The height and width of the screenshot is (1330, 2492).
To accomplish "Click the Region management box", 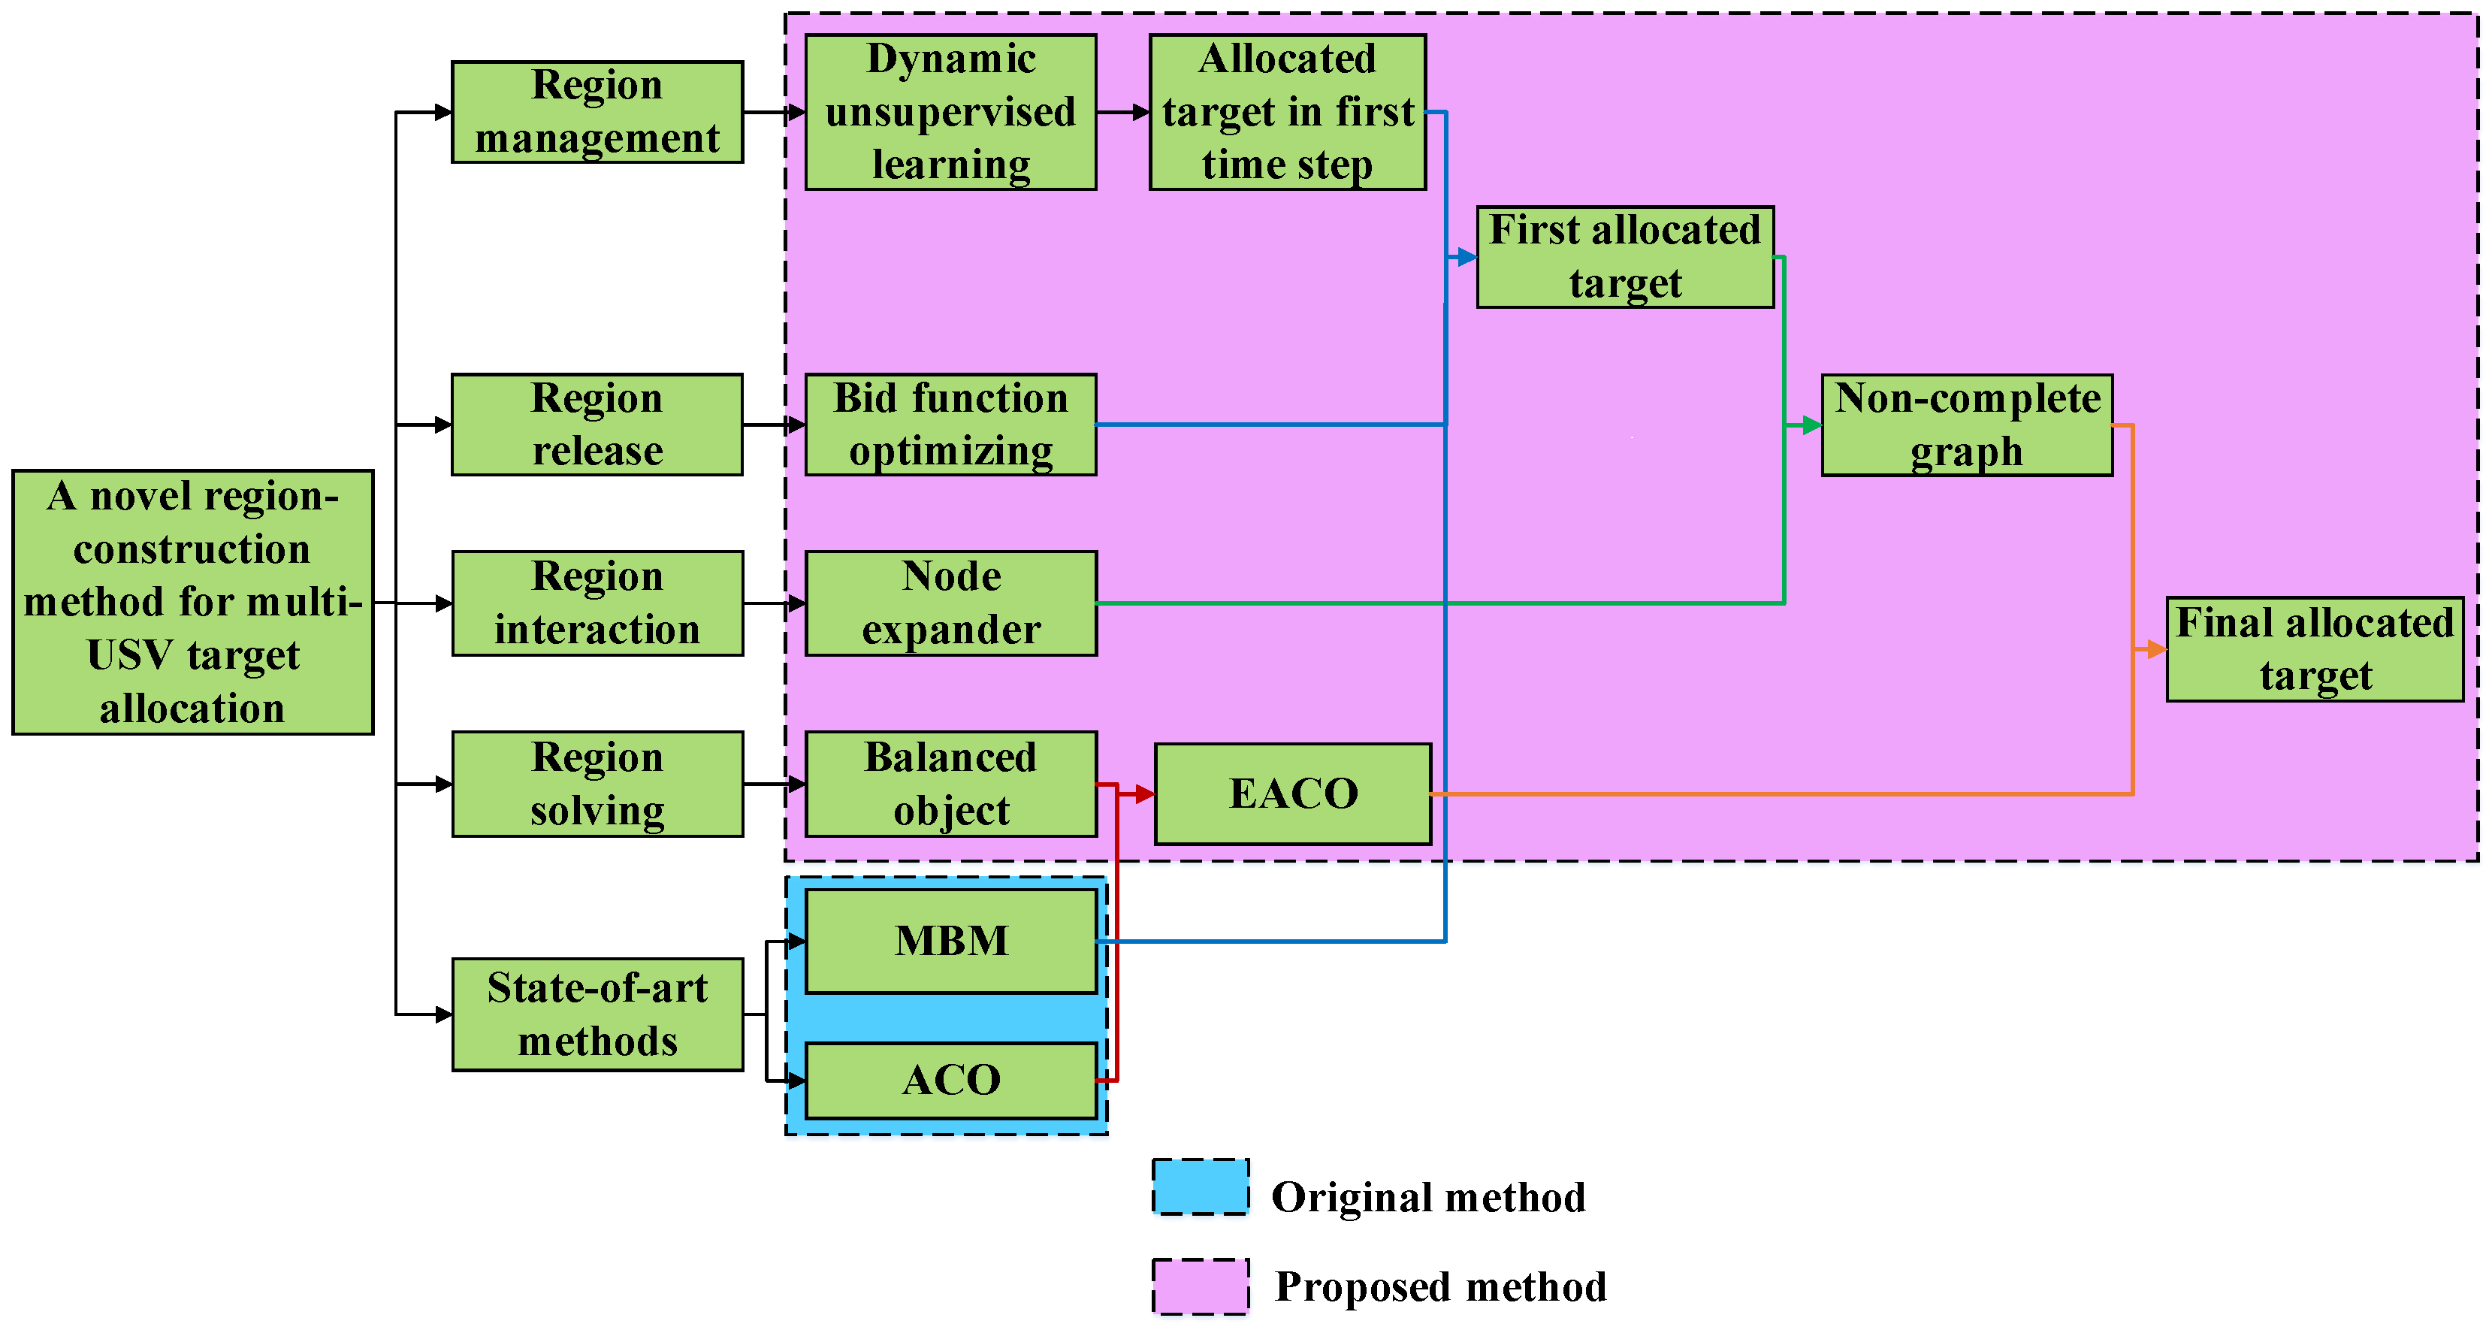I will (x=597, y=112).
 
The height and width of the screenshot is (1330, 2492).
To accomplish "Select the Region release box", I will (x=597, y=425).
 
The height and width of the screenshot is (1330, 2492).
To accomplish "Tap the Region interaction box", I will (x=597, y=603).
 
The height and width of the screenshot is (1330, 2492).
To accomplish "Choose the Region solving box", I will (x=597, y=784).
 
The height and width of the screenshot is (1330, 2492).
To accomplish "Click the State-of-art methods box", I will (x=597, y=1014).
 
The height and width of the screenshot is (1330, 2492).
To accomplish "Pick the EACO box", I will (x=1292, y=794).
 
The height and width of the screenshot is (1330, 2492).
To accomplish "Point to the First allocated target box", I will (x=1624, y=257).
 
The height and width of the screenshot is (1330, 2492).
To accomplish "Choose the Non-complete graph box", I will (x=1967, y=425).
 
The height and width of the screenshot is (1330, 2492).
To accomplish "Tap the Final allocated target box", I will (x=2314, y=649).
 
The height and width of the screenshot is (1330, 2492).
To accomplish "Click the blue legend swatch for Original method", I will (x=1200, y=1186).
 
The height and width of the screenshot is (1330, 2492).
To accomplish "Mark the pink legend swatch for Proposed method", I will (x=1200, y=1286).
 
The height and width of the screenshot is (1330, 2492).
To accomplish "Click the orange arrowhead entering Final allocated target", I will (x=2156, y=650).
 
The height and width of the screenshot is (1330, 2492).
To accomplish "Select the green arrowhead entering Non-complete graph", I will (x=1812, y=425).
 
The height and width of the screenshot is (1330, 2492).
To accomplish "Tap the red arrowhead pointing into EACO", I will (x=1146, y=794).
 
